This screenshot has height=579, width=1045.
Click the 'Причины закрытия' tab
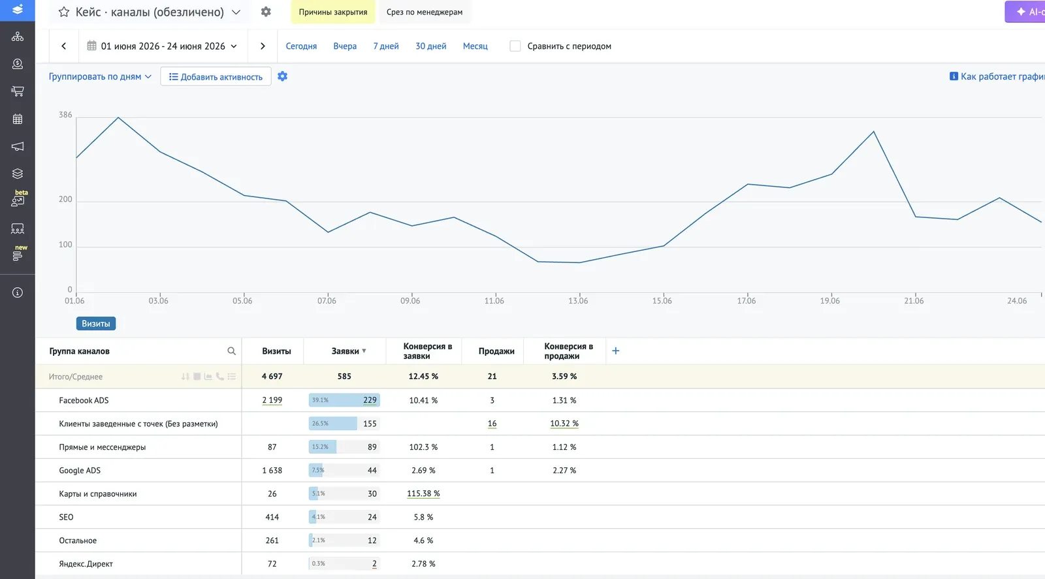(x=332, y=12)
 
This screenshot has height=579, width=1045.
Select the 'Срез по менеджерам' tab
(x=425, y=12)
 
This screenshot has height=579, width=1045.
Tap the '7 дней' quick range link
(x=386, y=46)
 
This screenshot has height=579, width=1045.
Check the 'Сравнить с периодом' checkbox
(x=515, y=46)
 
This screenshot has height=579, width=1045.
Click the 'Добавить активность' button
(x=216, y=76)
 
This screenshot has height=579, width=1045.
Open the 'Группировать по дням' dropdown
(x=100, y=76)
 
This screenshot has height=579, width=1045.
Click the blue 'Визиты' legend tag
(x=95, y=324)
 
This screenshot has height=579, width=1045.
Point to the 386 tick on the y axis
(x=65, y=115)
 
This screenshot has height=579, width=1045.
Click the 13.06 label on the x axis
(x=578, y=301)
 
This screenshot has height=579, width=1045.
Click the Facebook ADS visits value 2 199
(x=272, y=400)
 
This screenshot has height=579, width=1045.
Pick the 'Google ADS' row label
(x=80, y=471)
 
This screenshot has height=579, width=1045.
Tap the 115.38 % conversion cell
(x=423, y=493)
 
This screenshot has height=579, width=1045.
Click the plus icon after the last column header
(x=616, y=351)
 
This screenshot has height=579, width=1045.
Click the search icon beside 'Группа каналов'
(x=231, y=351)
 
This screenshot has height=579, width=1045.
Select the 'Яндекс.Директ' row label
(x=86, y=563)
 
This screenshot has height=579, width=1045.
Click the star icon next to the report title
(x=64, y=12)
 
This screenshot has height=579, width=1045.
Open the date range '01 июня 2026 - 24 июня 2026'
(x=163, y=46)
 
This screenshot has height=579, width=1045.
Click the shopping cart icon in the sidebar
(x=17, y=91)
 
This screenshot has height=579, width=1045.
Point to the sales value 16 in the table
(x=492, y=423)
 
